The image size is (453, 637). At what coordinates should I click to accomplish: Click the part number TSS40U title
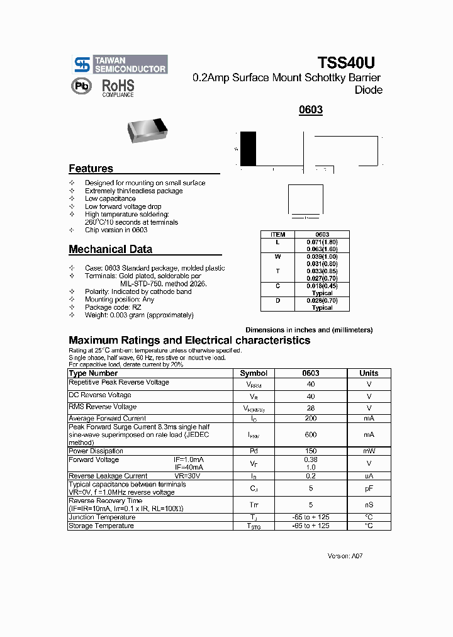point(346,63)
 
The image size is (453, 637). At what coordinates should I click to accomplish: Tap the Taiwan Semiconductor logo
point(120,64)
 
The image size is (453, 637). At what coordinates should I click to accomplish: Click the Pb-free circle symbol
point(81,86)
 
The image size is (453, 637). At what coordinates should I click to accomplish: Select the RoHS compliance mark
point(118,87)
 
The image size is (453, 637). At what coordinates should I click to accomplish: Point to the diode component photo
point(148,129)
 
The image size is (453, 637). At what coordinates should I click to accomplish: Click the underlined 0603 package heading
point(311,110)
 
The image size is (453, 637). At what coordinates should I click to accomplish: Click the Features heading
point(91,169)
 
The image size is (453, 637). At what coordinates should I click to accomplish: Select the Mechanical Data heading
point(110,249)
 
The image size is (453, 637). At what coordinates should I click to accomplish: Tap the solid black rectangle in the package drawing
point(249,149)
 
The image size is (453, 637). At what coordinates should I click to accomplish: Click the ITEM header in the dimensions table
point(277,234)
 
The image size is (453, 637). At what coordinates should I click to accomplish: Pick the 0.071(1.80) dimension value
point(322,242)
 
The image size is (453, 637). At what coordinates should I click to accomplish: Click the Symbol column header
point(254,373)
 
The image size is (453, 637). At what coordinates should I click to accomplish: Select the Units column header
point(369,373)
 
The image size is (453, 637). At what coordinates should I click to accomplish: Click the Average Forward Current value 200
point(311,418)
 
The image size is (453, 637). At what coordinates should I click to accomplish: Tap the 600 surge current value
point(311,434)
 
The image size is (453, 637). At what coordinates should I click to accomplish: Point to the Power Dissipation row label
point(96,451)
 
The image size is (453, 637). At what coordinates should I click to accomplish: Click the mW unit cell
point(369,451)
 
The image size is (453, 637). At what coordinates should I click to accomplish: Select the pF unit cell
point(369,488)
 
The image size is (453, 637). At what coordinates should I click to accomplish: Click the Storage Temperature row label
point(101,526)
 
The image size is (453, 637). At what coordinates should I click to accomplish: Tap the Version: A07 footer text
point(345,556)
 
